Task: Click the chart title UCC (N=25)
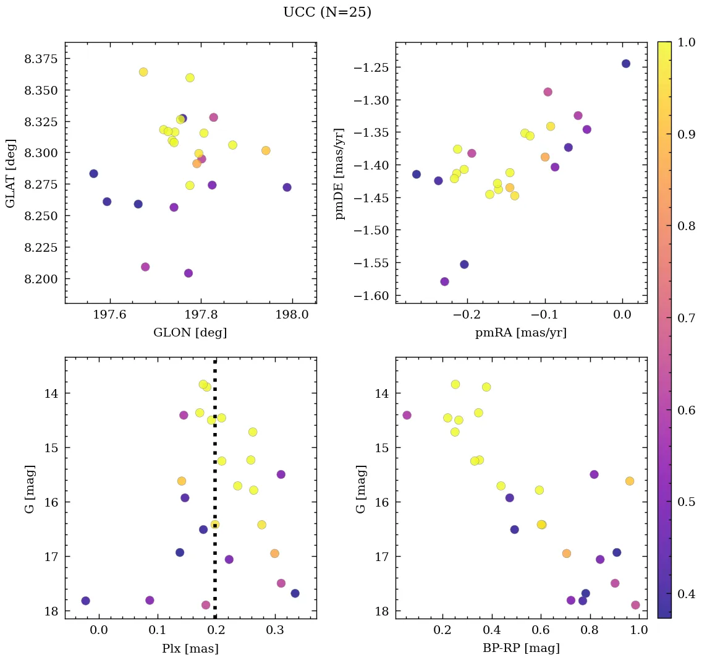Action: [x=327, y=12]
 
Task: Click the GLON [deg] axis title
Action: [x=190, y=333]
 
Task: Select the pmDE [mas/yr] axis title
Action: [x=339, y=174]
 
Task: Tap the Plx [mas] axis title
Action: [x=190, y=649]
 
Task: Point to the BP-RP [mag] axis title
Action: [x=521, y=649]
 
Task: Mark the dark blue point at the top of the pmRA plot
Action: [x=626, y=64]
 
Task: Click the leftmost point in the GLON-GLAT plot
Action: [x=93, y=174]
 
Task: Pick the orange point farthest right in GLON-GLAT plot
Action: [x=266, y=150]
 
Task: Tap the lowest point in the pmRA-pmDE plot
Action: [x=444, y=281]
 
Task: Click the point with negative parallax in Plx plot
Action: [x=85, y=601]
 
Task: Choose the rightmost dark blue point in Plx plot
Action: [x=295, y=593]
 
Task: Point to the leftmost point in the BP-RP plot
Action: [x=407, y=415]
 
